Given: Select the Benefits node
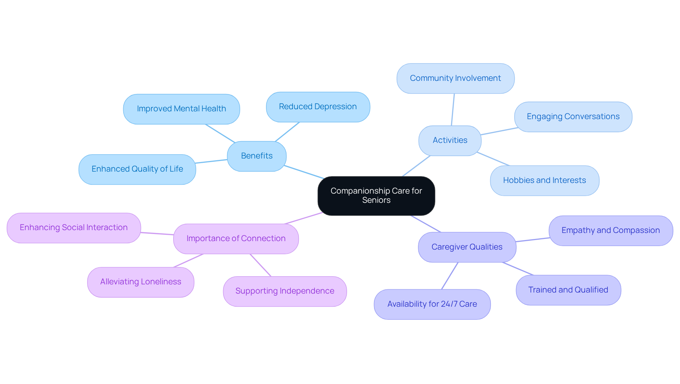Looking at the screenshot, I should point(256,156).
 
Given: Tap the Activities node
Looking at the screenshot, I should point(450,140).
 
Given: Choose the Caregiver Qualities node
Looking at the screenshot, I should point(467,247).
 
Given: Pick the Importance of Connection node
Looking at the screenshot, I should point(236,239).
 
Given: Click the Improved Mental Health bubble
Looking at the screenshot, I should point(181,109).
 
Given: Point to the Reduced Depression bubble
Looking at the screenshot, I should point(318,107).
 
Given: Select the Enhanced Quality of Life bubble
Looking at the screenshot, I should point(137,169).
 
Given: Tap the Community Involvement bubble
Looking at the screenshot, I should point(455,78).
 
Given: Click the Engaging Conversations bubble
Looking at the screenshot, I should point(573,117).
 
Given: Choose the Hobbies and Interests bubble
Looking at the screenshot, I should point(544,180).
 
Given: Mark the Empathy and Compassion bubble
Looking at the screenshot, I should point(611,230).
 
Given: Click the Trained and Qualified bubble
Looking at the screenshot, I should point(568,290).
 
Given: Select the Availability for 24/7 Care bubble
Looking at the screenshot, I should point(432,304).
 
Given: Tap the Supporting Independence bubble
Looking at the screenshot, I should point(285,291).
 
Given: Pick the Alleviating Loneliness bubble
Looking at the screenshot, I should point(141,282).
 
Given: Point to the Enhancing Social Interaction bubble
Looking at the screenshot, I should point(74,228).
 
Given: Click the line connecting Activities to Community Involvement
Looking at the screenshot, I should point(453,110).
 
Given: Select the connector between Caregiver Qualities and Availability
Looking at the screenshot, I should point(450,276).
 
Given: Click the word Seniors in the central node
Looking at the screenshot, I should point(376,200).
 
